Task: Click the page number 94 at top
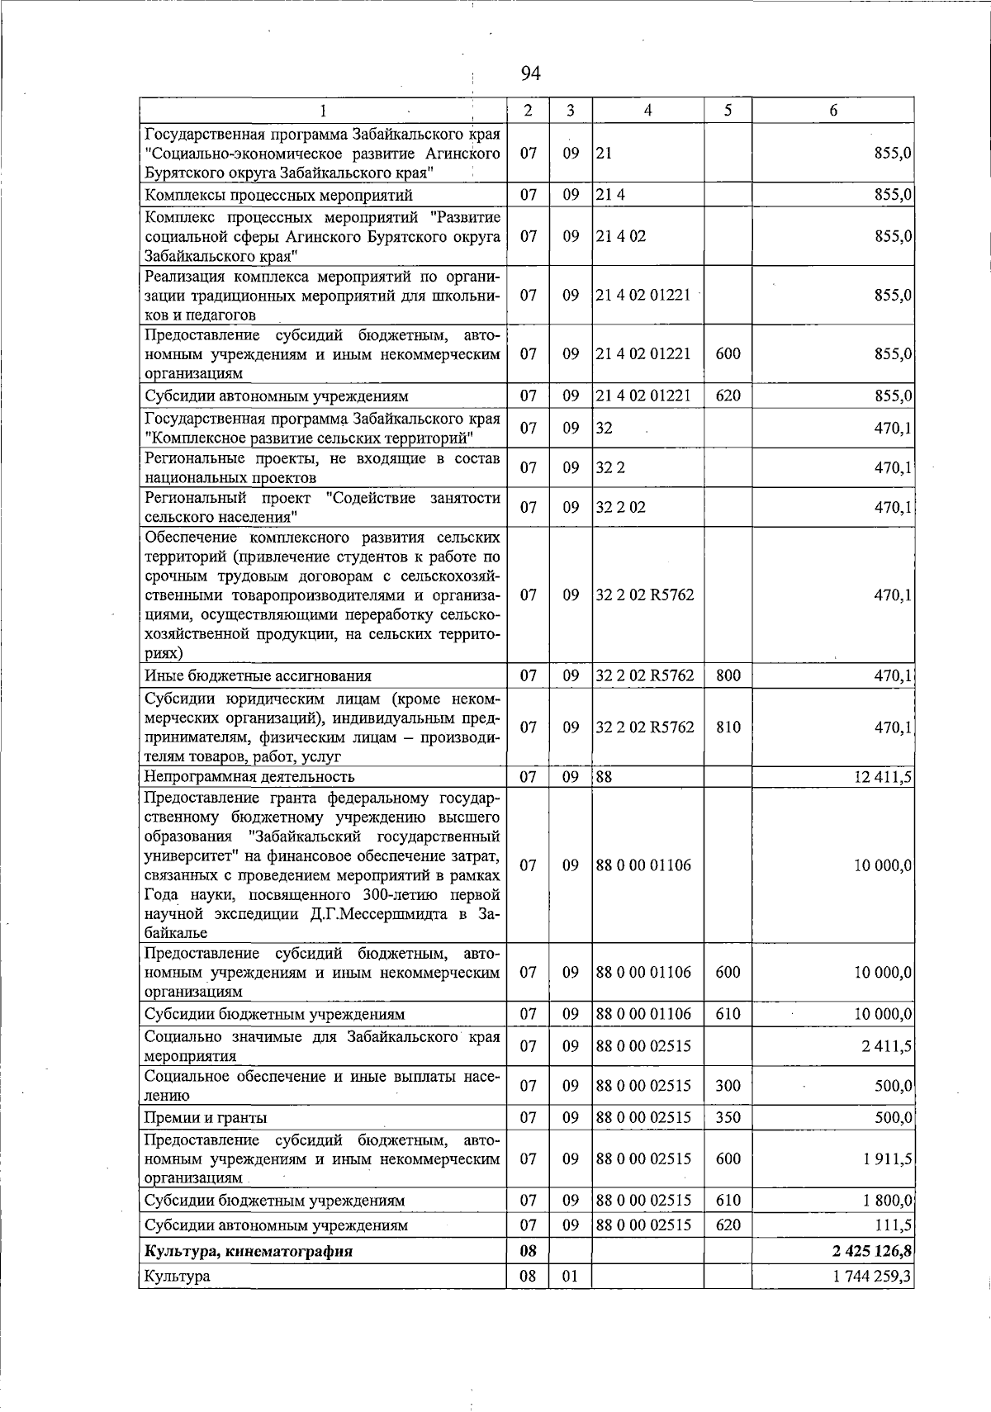click(x=531, y=74)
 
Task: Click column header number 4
click(x=648, y=111)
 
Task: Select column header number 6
click(x=832, y=111)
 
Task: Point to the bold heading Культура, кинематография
click(x=249, y=1251)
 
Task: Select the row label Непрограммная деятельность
click(x=249, y=776)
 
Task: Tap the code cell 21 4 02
click(x=621, y=236)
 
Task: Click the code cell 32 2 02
click(x=621, y=507)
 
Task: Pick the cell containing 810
click(x=728, y=727)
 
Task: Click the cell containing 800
click(x=728, y=675)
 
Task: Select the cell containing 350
click(x=728, y=1117)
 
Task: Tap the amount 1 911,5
click(x=888, y=1159)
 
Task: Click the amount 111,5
click(x=894, y=1225)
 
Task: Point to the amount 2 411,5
click(x=888, y=1046)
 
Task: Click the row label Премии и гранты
click(x=206, y=1117)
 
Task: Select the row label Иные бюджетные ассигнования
click(x=258, y=675)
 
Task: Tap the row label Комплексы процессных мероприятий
click(x=278, y=195)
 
